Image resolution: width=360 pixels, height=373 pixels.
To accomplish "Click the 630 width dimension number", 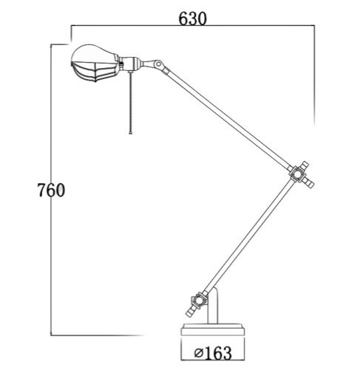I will [x=192, y=17].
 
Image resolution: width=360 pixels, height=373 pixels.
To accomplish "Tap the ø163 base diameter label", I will [x=212, y=352].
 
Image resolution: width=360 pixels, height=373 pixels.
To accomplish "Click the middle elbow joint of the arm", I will [x=298, y=174].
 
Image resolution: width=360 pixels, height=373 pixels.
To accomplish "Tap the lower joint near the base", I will [x=199, y=300].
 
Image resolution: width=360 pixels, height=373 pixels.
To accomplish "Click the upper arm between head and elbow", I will [x=229, y=118].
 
